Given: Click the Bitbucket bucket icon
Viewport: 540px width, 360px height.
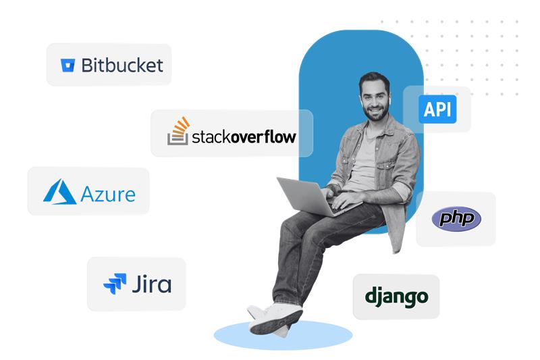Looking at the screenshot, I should point(67,65).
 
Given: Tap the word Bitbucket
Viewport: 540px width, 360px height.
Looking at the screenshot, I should point(122,65).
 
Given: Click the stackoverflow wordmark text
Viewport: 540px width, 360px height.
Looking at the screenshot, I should point(244,137).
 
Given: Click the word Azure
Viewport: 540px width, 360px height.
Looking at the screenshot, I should point(108,195).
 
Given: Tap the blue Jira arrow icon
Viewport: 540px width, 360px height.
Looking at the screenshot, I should point(115,283).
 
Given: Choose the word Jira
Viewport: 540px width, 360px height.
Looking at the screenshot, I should point(152,283).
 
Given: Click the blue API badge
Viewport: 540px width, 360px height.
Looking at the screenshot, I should point(437,109).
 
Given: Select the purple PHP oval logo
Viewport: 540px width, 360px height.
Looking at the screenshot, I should point(456,218).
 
